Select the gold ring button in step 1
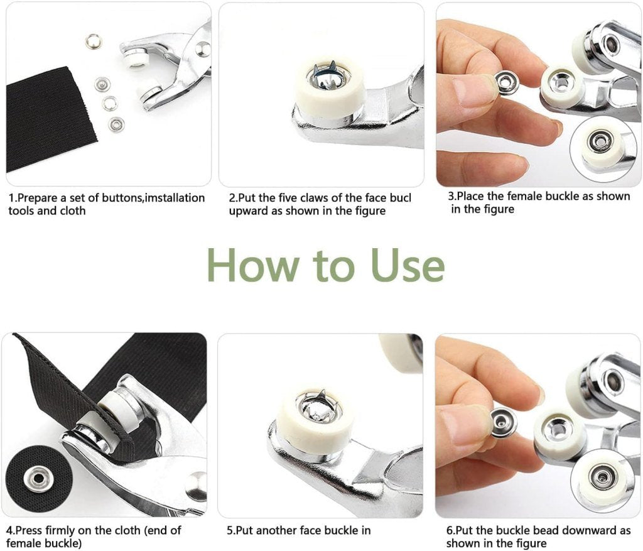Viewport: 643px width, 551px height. [x=94, y=41]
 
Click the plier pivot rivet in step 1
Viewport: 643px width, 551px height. [x=202, y=48]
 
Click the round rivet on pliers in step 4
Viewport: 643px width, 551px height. [x=197, y=484]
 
